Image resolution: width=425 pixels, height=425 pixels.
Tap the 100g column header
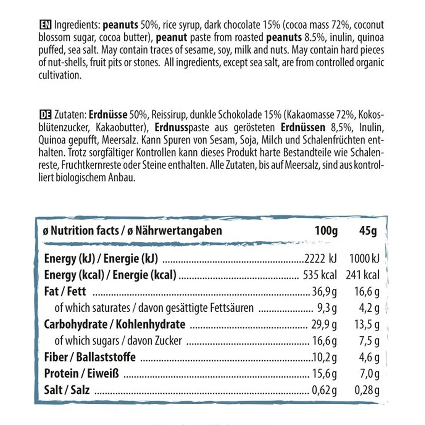pos(326,231)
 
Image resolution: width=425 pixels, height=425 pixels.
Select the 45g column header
pos(368,231)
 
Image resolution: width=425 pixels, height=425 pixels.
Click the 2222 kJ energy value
pos(320,259)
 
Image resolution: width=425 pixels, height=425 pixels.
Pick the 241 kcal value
pos(362,275)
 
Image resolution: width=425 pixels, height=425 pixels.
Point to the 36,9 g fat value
pos(325,292)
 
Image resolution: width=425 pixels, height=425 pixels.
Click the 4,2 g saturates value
pos(370,308)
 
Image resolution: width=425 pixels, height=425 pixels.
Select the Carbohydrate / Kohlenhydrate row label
pos(115,324)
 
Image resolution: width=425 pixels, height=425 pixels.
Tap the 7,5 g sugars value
pos(370,341)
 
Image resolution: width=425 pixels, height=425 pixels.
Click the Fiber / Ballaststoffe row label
pos(90,357)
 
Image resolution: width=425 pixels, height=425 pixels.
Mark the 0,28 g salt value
pos(367,390)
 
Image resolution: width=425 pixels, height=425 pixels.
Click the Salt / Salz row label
pos(67,390)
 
